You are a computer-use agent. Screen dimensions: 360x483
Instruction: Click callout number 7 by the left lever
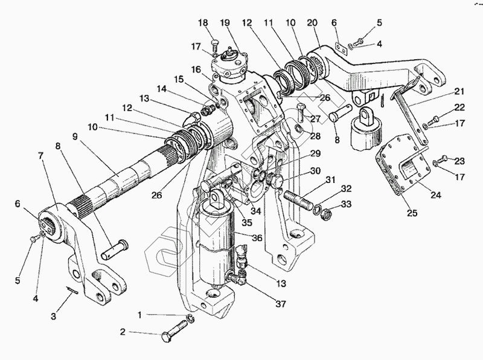(41, 156)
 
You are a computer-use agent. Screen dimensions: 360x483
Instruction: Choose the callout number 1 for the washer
(139, 314)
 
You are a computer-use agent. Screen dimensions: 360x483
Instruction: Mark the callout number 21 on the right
(459, 91)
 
